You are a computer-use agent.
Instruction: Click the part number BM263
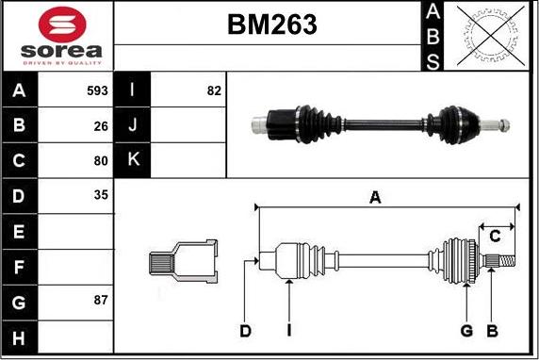coord(272,25)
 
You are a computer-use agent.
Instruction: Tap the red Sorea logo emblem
coord(62,25)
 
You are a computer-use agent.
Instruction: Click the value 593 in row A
coord(97,90)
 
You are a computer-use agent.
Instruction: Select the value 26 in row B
coord(101,126)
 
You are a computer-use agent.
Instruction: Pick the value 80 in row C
coord(101,160)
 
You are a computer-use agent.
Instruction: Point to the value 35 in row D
coord(101,195)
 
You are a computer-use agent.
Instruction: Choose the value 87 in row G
coord(101,300)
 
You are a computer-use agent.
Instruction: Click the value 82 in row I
coord(214,90)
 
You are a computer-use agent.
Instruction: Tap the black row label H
coord(19,337)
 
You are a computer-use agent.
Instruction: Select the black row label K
coord(132,160)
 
